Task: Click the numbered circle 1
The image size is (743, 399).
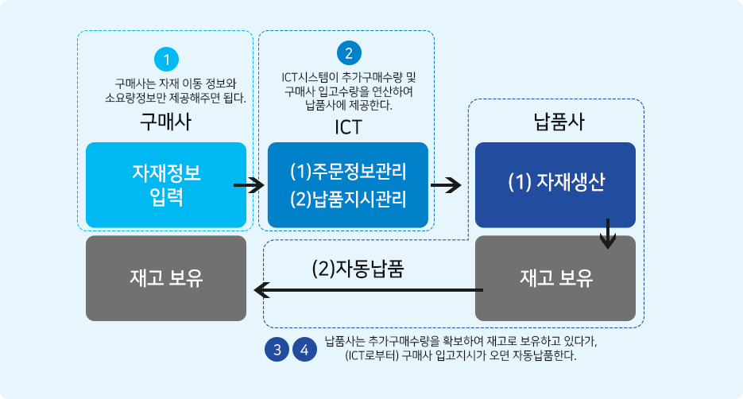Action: [x=166, y=60]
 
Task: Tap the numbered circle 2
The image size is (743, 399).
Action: [x=348, y=53]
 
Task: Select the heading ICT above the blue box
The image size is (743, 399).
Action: [x=348, y=126]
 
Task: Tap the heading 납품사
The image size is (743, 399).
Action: [x=555, y=122]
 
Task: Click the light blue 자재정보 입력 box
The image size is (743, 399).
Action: [x=165, y=184]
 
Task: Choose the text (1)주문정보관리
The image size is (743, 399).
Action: [x=348, y=171]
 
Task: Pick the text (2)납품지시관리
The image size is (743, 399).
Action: [x=348, y=199]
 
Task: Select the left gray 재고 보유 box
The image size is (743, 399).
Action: [x=165, y=278]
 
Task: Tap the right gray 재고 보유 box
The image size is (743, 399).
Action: [x=555, y=278]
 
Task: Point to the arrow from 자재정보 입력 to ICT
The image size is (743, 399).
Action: [x=249, y=186]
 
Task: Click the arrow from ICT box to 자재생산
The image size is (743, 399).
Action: [x=445, y=186]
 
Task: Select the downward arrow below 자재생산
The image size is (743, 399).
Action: [x=609, y=232]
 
